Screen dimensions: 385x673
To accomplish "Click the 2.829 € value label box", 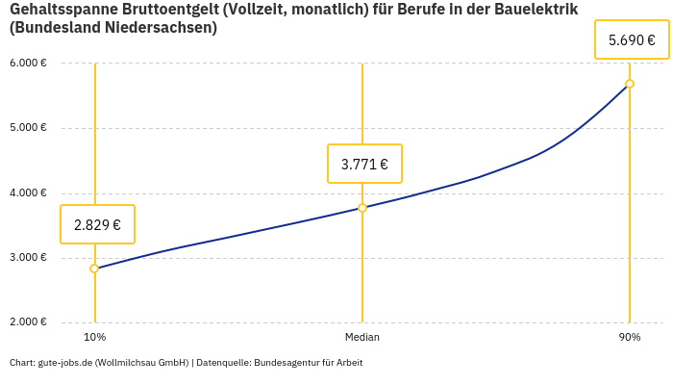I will point(97,224).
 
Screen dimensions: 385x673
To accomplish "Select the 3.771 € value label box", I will point(364,164).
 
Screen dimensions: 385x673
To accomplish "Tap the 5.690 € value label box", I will point(632,40).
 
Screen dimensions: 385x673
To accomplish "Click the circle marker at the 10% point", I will point(94,269).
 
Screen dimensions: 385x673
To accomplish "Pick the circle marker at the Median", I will point(362,208).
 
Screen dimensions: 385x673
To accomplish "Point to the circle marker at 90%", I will point(630,84).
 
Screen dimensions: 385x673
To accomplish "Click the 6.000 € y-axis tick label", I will point(28,64).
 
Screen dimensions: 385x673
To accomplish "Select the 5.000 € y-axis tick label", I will point(28,128).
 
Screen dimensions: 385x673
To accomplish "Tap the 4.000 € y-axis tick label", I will point(28,192).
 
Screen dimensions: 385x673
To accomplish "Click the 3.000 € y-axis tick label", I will point(28,258).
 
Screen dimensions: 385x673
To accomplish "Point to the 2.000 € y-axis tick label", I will point(28,322).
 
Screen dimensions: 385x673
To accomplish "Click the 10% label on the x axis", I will point(94,338).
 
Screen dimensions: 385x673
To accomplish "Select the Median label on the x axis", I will point(362,338).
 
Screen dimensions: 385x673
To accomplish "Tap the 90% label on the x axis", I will point(630,338).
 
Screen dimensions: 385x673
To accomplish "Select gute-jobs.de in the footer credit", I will point(64,363).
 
